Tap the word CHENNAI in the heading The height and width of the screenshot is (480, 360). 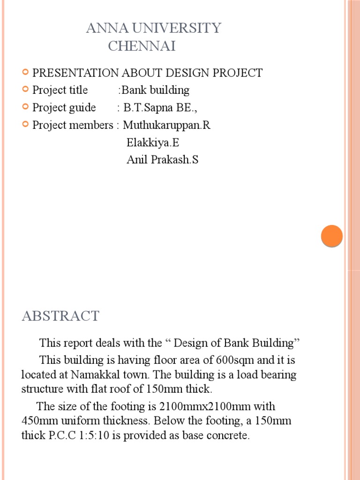[x=142, y=46]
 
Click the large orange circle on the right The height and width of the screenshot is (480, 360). [x=332, y=236]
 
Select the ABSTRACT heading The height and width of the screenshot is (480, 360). [x=60, y=316]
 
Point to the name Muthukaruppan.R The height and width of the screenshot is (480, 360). [x=167, y=126]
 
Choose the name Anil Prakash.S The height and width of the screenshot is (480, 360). [x=163, y=160]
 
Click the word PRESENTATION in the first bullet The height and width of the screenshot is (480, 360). [x=75, y=73]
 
